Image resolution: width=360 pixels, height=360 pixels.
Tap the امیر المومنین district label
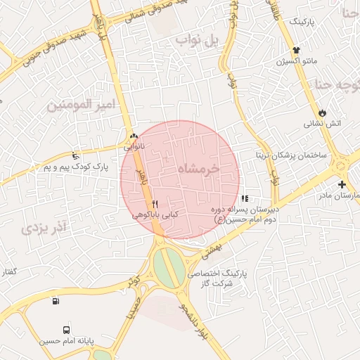tap(79, 105)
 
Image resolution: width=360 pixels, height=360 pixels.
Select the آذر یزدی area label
tap(43, 226)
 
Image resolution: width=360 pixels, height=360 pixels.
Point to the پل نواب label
tap(198, 41)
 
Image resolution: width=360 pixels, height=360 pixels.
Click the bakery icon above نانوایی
tap(134, 136)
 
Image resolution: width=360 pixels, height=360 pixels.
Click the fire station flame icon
tap(322, 112)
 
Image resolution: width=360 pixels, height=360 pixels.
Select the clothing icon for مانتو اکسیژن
tap(296, 51)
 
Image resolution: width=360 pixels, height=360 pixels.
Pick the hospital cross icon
tap(342, 184)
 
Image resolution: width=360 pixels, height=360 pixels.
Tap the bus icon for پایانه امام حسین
tap(66, 328)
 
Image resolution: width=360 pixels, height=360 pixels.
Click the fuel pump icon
tap(56, 302)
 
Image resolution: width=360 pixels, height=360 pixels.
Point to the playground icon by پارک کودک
tap(76, 155)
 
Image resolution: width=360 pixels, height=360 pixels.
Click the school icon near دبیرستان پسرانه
tap(245, 200)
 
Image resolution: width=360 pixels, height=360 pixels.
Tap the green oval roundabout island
tap(168, 269)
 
